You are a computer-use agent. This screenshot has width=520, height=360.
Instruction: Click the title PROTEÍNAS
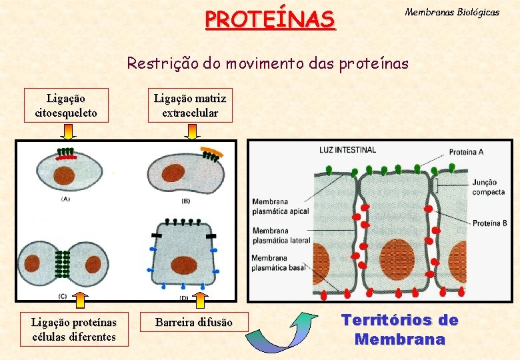coord(270,19)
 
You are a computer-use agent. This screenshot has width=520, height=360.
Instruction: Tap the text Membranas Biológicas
coord(452,12)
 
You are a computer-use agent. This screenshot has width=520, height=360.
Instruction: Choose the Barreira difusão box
coord(194,323)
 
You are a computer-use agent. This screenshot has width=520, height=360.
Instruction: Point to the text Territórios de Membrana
coord(400,329)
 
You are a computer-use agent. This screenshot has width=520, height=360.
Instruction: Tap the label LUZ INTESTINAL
coord(347,149)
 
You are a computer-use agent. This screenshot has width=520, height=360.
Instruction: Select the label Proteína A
coord(466,152)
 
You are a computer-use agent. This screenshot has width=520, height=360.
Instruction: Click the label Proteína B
coord(490,223)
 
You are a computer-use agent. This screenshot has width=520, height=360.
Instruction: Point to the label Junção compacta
coord(489,187)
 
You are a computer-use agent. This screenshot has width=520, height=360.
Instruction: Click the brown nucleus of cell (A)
coord(65,175)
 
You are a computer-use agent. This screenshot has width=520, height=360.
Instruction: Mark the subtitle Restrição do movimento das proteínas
coord(268,63)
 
